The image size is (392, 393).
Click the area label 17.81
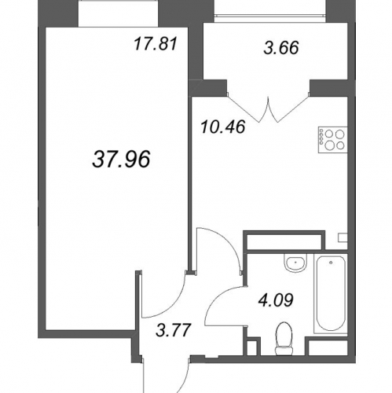click(156, 44)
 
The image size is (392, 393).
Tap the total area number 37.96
click(121, 160)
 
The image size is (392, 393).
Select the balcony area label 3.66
click(281, 48)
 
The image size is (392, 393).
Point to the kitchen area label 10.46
click(223, 127)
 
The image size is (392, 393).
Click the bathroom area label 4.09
click(276, 300)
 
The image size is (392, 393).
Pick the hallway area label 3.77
click(173, 330)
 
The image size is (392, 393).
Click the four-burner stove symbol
click(332, 140)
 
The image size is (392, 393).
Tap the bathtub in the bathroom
click(331, 294)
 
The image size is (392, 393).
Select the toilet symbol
click(284, 339)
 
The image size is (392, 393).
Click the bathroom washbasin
click(295, 263)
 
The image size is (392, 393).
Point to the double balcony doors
click(268, 108)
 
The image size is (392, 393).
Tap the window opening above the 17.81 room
click(119, 13)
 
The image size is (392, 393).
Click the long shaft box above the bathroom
click(284, 242)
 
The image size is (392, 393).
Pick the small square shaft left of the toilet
click(252, 347)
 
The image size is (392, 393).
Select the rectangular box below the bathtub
click(327, 347)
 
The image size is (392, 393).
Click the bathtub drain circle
click(331, 263)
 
